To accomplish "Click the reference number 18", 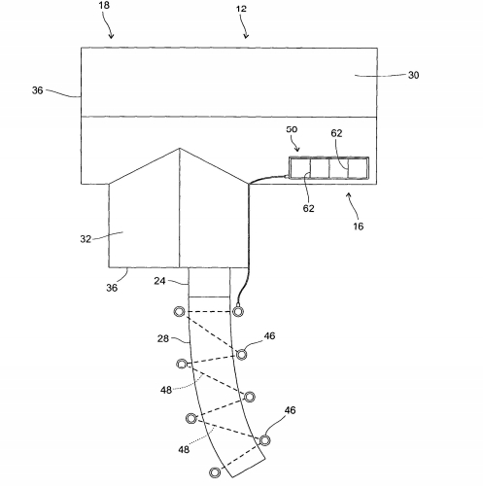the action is (104, 6).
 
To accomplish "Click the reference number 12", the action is (241, 9).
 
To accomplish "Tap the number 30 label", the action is (413, 75).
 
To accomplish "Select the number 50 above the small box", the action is (292, 129).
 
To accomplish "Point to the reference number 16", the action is (358, 227).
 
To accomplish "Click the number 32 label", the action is (86, 239).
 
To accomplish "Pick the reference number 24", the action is (159, 281).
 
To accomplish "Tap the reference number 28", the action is (163, 338).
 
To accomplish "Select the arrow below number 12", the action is (245, 30).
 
